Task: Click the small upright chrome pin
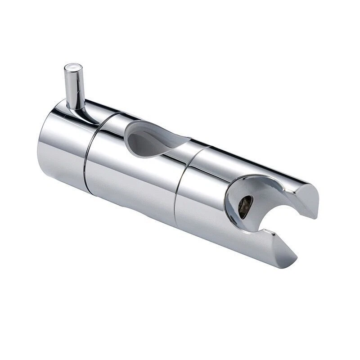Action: click(x=75, y=88)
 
